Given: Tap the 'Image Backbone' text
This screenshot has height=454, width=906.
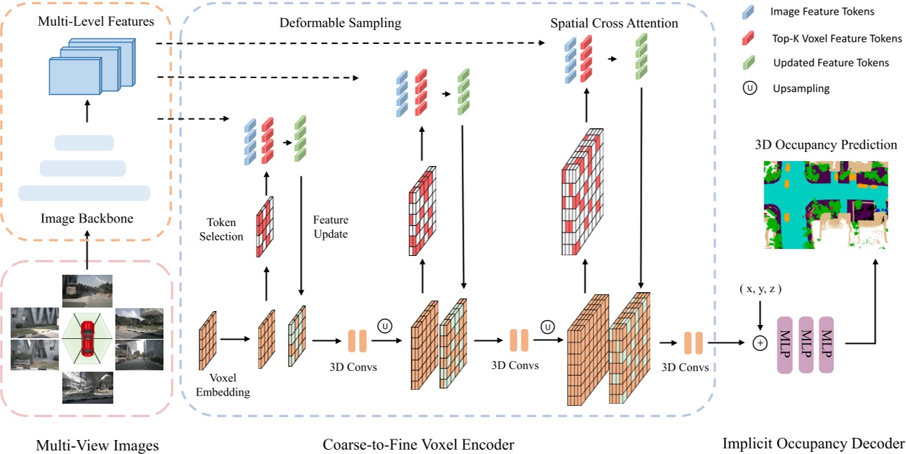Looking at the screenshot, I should (86, 219).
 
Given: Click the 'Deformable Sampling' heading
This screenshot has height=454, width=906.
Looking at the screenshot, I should (340, 23).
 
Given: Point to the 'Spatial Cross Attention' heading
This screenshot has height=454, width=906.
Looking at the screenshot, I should (614, 23).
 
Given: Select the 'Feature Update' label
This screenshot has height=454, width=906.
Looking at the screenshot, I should (331, 228).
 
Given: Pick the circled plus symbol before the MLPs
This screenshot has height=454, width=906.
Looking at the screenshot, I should (760, 343).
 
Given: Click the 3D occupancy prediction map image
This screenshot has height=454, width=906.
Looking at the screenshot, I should (827, 204).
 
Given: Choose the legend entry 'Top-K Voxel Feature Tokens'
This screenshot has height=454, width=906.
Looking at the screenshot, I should (837, 39).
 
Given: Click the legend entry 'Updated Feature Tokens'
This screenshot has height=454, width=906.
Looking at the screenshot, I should (831, 63).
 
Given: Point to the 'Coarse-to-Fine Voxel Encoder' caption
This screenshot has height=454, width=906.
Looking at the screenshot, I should (418, 444).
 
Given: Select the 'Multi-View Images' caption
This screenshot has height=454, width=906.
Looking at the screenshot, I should (98, 445).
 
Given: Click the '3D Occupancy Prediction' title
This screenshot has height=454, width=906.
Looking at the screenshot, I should (826, 145).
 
